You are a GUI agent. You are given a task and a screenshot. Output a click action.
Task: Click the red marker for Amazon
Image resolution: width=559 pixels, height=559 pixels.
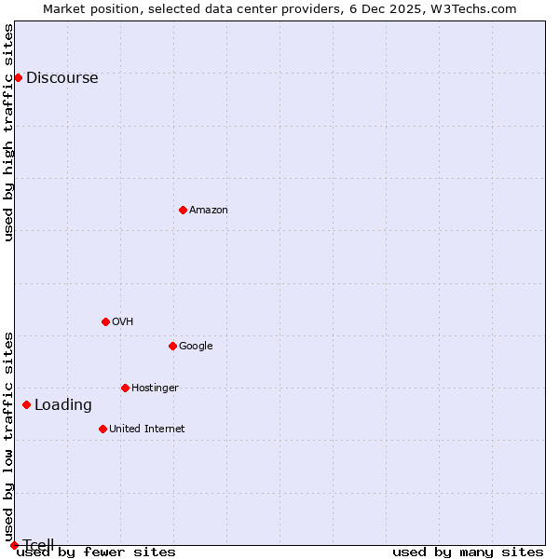point(183,210)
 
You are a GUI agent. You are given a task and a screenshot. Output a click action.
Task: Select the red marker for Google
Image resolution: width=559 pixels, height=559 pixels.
point(172,346)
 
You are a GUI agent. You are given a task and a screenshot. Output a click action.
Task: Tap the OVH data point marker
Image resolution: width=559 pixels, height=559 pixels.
point(105,321)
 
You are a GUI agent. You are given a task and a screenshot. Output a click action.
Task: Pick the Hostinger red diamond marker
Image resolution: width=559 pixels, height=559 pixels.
point(125,388)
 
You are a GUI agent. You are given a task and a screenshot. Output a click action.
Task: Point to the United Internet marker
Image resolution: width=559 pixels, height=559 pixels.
point(102,429)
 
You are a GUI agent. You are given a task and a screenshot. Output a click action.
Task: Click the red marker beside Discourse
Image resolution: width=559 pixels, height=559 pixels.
point(18,77)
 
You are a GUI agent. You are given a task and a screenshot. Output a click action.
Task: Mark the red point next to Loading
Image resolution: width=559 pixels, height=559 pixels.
point(26,404)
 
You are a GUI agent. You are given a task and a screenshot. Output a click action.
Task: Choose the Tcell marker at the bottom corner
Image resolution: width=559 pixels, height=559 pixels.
point(14,545)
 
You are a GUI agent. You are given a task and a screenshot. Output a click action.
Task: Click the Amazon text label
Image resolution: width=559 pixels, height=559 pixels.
point(209,211)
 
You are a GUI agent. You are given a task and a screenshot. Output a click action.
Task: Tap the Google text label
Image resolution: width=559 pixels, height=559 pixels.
point(196,347)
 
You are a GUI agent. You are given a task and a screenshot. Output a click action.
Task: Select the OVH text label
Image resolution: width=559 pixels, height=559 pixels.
point(122,322)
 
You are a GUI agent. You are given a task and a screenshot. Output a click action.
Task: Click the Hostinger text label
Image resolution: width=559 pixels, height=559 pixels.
point(155,389)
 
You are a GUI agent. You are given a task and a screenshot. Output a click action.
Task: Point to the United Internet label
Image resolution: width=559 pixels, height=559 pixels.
point(146,429)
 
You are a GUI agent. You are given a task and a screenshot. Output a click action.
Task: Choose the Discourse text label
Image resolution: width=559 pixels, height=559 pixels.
point(61,78)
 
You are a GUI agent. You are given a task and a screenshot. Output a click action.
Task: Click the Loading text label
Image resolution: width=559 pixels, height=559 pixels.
point(63,405)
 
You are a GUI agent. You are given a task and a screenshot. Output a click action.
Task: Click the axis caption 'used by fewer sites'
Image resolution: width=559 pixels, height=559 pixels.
point(96,552)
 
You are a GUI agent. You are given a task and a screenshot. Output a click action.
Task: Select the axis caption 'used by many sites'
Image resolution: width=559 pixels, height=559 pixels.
point(468,552)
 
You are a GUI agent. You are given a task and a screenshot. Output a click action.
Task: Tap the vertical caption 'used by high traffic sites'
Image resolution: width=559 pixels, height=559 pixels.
point(9,132)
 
